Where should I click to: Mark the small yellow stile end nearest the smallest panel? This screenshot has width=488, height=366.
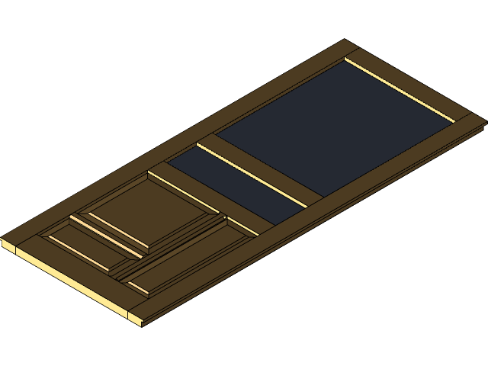[8, 246]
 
